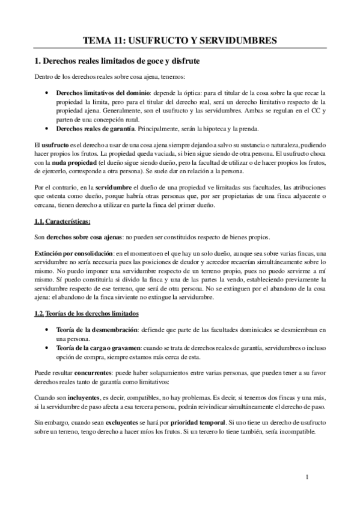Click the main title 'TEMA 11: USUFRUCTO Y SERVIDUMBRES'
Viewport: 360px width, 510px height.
click(180, 40)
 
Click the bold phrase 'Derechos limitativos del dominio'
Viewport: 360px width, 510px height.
click(103, 93)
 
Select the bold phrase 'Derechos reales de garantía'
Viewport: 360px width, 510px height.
click(95, 129)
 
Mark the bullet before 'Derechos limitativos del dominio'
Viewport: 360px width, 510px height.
click(47, 93)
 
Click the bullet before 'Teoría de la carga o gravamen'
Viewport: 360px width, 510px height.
click(47, 349)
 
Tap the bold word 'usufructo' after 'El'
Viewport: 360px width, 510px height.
click(57, 146)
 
